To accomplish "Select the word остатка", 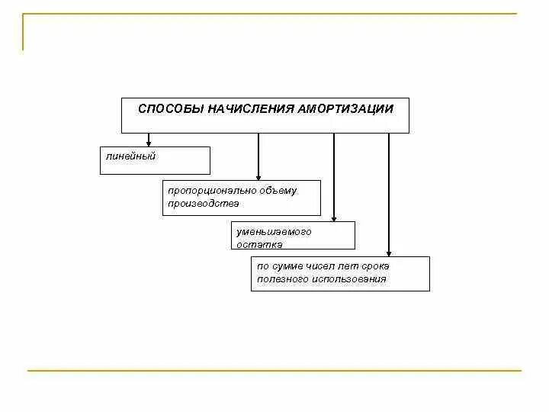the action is click(x=259, y=244).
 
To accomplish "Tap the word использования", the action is click(x=348, y=279).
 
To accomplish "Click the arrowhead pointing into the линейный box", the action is click(x=149, y=143).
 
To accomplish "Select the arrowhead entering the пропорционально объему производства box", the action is click(x=258, y=176).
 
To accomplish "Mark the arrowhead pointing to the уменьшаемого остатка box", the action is click(x=334, y=217).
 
